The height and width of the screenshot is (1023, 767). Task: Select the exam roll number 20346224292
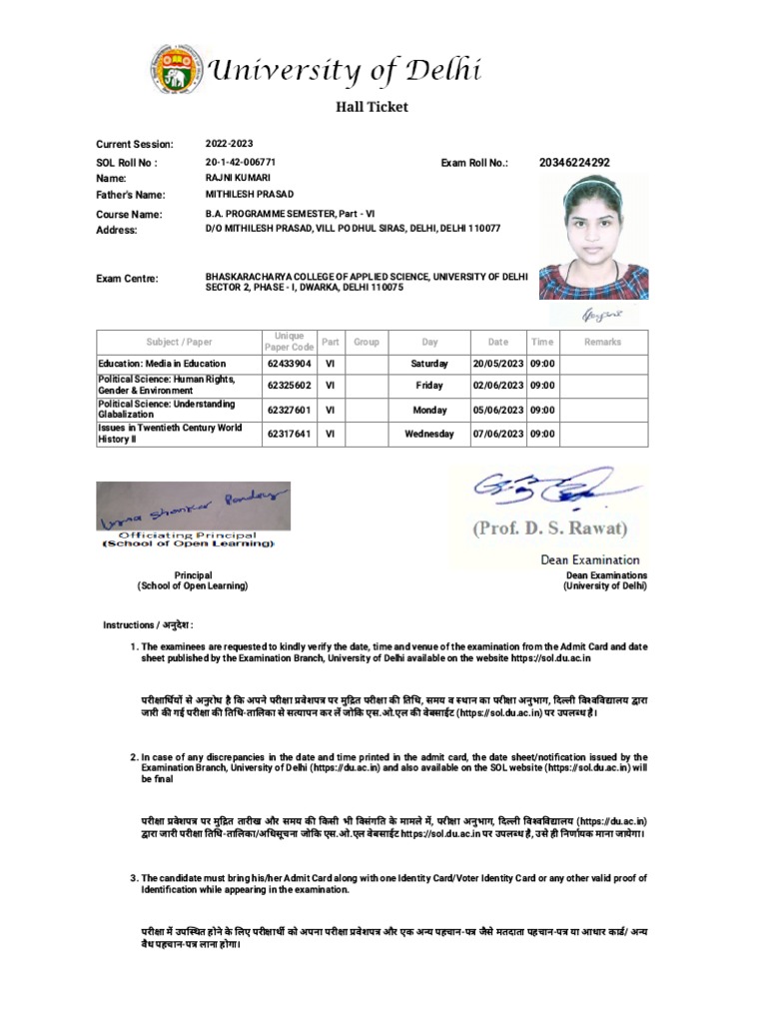(574, 162)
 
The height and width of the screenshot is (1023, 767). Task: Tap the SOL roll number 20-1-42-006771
(241, 162)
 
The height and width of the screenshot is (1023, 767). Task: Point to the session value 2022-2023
(230, 145)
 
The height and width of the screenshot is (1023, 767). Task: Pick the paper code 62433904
(289, 364)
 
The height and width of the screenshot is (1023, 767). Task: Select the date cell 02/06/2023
(497, 385)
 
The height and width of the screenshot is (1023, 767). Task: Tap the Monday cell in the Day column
(429, 410)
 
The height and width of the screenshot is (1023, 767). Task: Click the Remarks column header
(602, 342)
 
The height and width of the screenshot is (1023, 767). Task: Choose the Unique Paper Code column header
(289, 342)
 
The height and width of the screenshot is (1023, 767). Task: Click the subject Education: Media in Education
(161, 364)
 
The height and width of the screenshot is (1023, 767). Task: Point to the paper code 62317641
(289, 435)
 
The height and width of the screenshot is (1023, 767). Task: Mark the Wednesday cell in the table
(429, 435)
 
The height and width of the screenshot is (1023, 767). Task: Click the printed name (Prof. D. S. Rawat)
(550, 528)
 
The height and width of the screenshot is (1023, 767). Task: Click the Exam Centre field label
(127, 279)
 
